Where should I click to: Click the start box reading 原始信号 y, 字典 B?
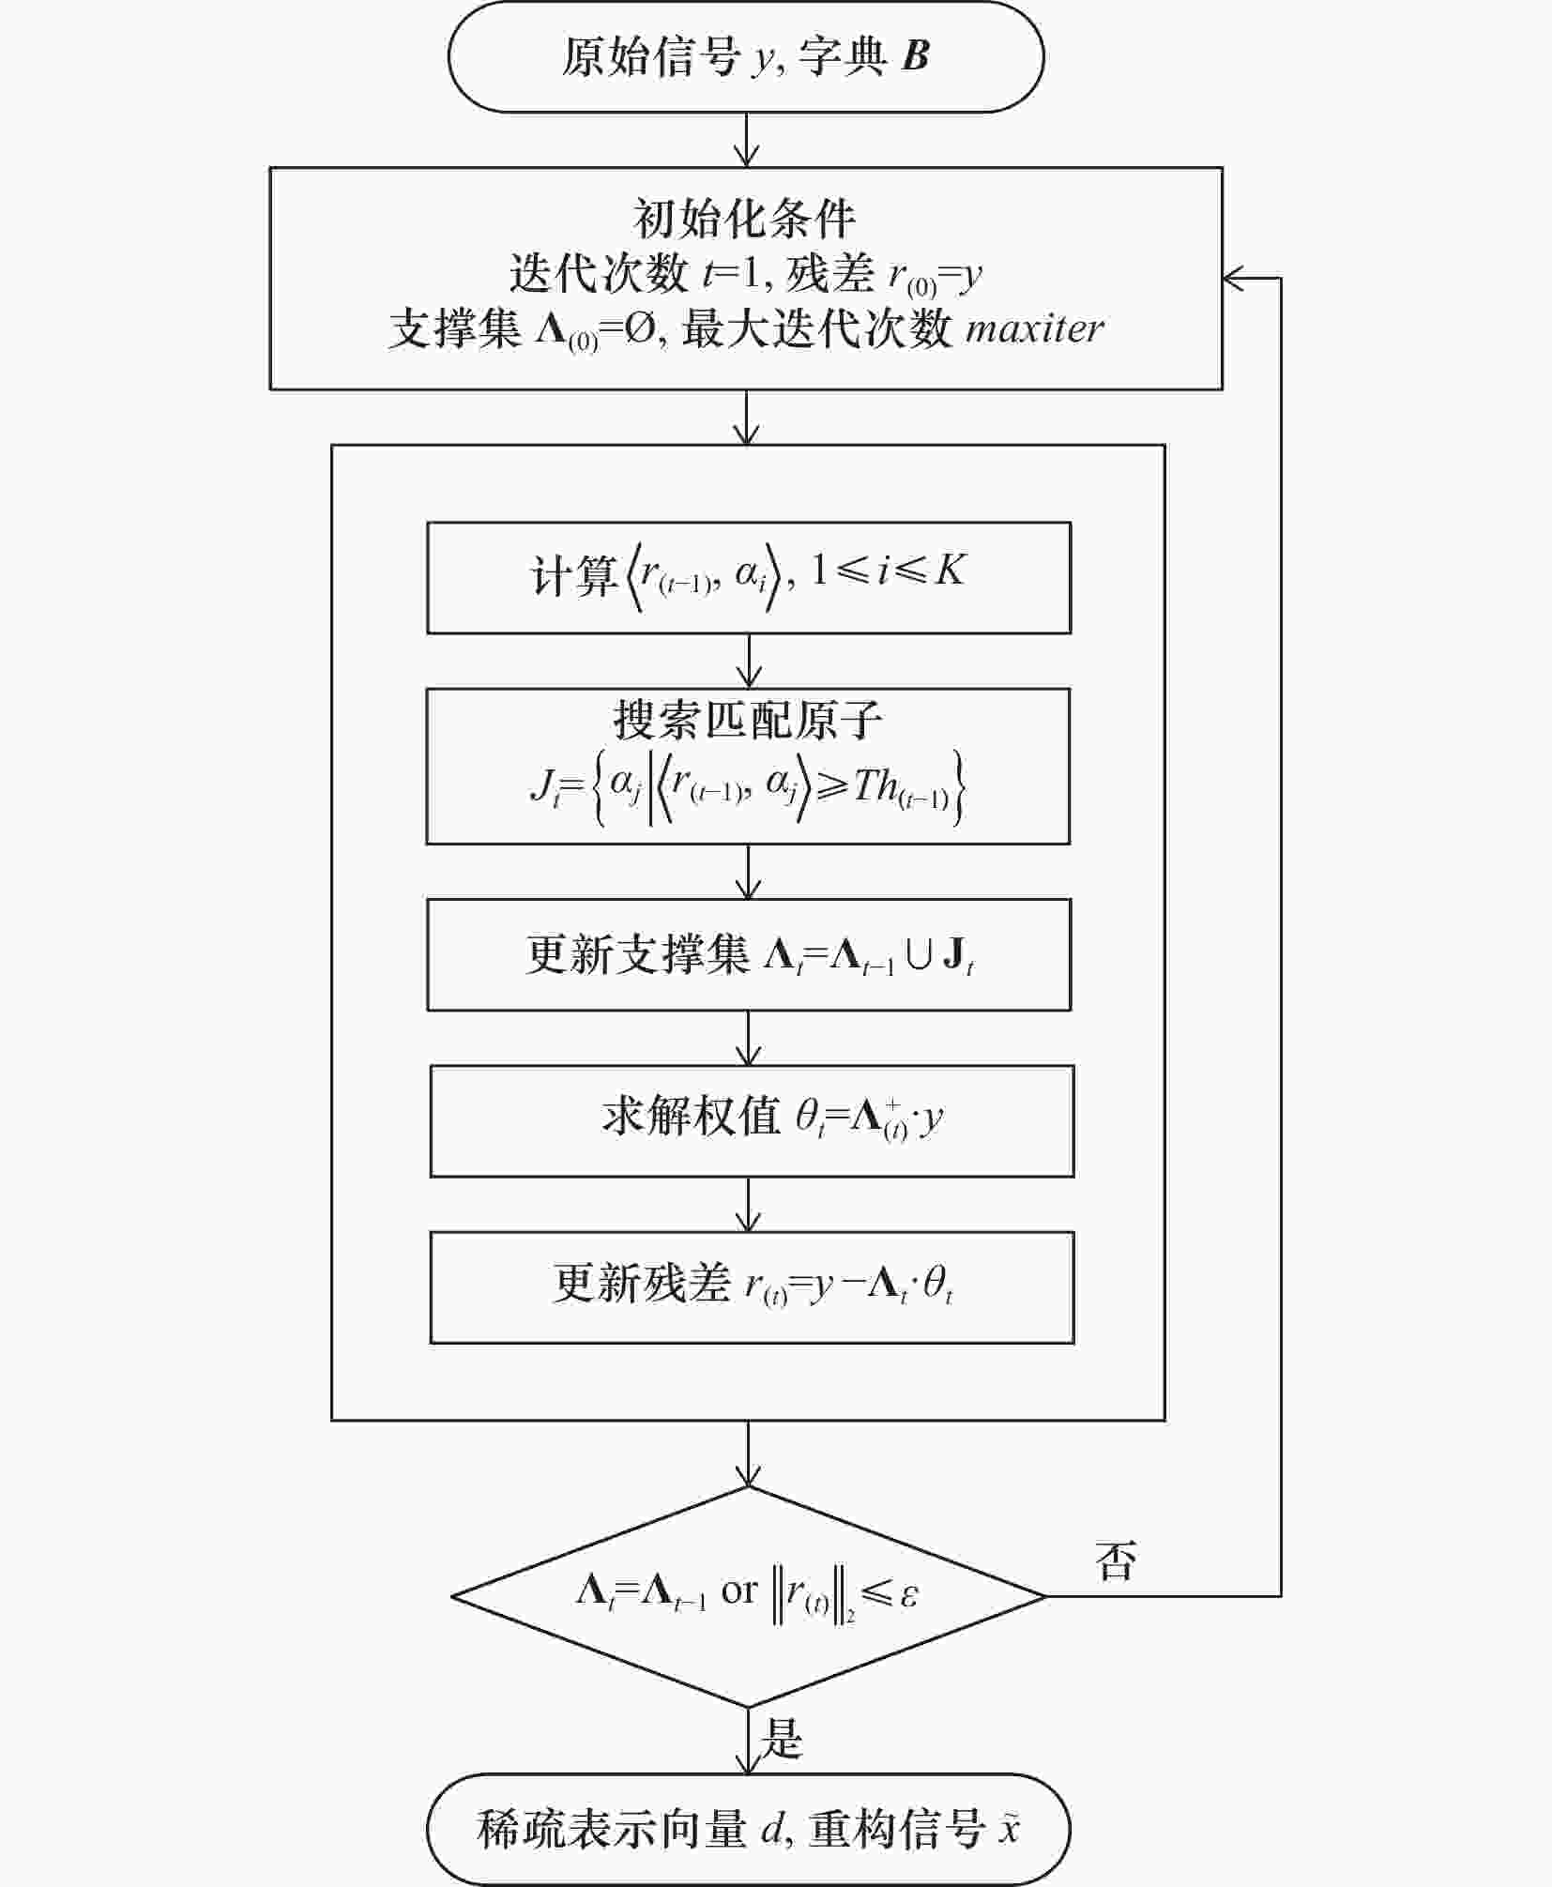coord(746,56)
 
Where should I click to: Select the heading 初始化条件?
coord(745,219)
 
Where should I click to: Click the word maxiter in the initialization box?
coord(1035,328)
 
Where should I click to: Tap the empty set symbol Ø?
coord(640,329)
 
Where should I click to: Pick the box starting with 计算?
coord(749,577)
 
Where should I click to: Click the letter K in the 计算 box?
coord(950,570)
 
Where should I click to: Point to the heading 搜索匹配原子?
coord(748,720)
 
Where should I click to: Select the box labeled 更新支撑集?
coord(749,954)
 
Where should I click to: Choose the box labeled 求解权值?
coord(752,1120)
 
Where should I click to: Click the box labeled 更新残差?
coord(752,1287)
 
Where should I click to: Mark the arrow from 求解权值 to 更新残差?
coord(749,1204)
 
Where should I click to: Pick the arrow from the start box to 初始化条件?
coord(746,141)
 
